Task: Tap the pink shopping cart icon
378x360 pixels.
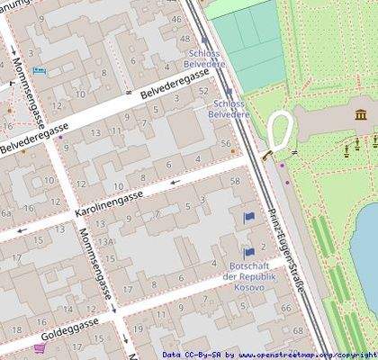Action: [x=39, y=348]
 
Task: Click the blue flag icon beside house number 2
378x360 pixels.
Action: [x=248, y=253]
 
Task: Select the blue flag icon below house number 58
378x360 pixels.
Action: [x=248, y=217]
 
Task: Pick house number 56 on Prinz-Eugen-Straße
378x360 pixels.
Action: [x=225, y=143]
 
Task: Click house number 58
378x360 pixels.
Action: [x=235, y=182]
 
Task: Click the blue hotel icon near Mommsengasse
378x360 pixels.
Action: [x=39, y=71]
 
